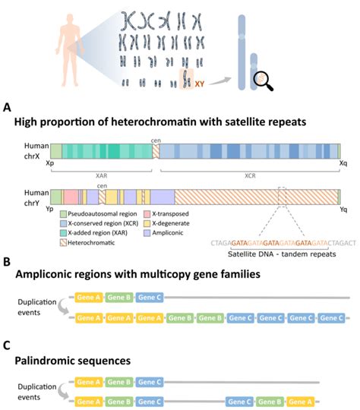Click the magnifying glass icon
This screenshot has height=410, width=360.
[264, 79]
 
